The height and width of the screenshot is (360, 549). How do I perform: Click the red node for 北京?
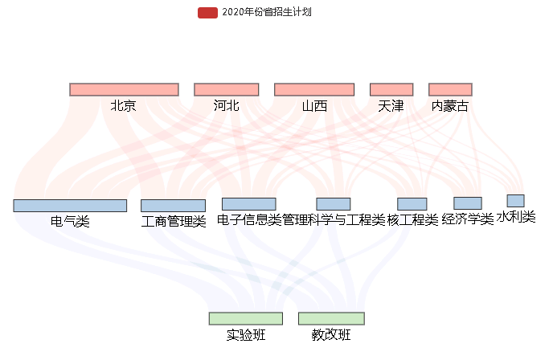pyautogui.click(x=124, y=89)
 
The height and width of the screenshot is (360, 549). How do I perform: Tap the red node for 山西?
pyautogui.click(x=314, y=89)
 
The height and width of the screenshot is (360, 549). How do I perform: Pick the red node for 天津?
pyautogui.click(x=391, y=89)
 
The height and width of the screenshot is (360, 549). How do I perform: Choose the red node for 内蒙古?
pyautogui.click(x=450, y=89)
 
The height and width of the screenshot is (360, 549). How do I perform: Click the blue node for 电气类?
pyautogui.click(x=70, y=206)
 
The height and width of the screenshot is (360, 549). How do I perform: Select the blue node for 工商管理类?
pyautogui.click(x=173, y=206)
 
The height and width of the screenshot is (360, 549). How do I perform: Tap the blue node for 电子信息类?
pyautogui.click(x=248, y=204)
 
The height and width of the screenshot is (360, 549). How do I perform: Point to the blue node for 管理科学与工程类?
pyautogui.click(x=333, y=204)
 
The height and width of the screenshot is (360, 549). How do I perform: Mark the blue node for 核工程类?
pyautogui.click(x=412, y=204)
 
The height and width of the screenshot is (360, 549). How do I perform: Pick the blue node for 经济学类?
pyautogui.click(x=468, y=203)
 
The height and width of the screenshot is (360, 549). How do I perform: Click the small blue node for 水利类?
pyautogui.click(x=515, y=201)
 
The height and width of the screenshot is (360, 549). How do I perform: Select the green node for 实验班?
pyautogui.click(x=245, y=318)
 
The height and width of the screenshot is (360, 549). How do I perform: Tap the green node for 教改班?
pyautogui.click(x=331, y=318)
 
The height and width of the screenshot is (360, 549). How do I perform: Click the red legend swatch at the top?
pyautogui.click(x=207, y=12)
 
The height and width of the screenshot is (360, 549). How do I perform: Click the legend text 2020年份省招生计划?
pyautogui.click(x=266, y=12)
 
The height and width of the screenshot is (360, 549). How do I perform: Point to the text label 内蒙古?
pyautogui.click(x=450, y=105)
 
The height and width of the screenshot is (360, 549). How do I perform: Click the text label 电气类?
pyautogui.click(x=70, y=222)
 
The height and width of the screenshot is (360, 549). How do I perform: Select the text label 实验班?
pyautogui.click(x=245, y=335)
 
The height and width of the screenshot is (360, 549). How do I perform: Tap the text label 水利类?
pyautogui.click(x=515, y=217)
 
